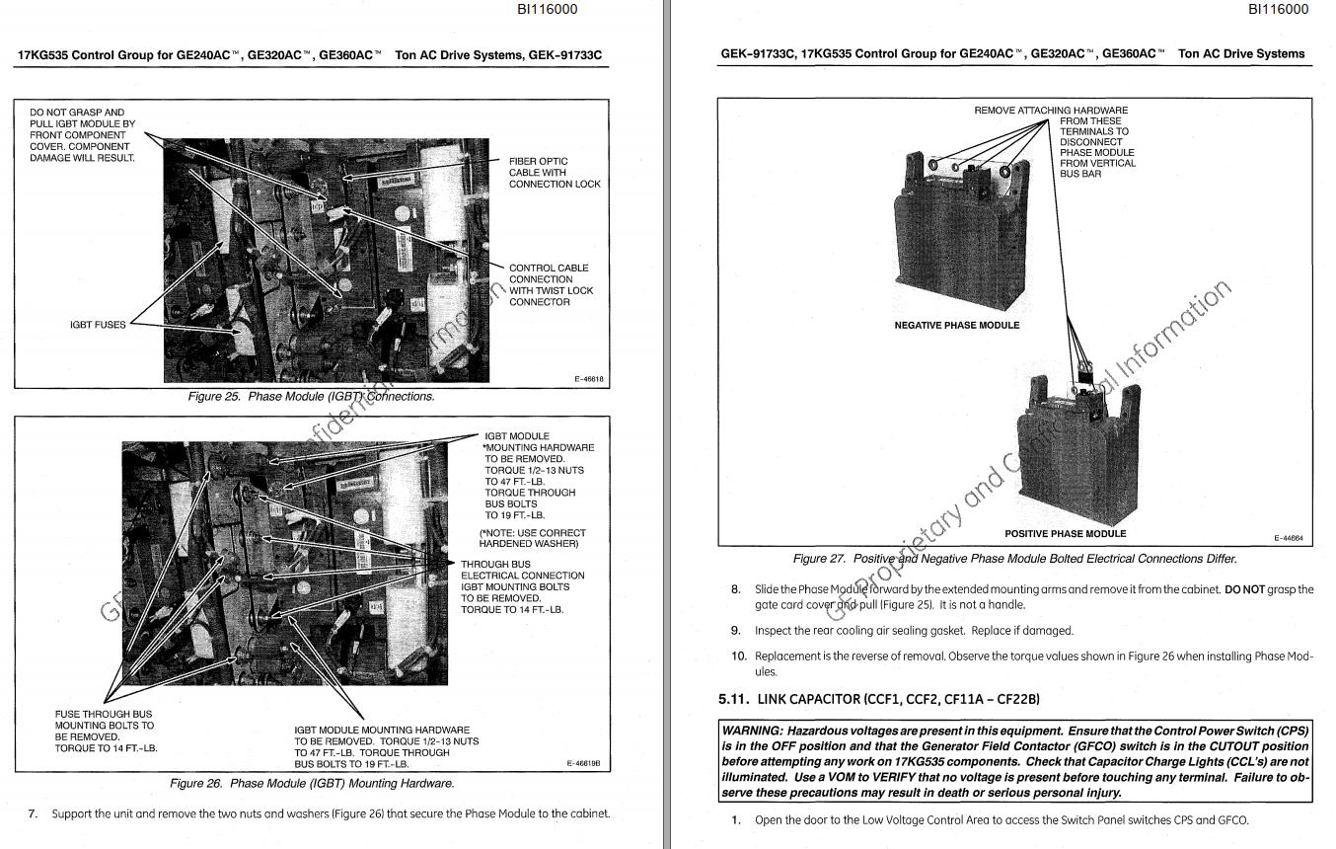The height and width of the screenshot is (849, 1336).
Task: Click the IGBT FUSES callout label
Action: [98, 325]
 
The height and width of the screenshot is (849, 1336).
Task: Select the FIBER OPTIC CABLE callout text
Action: [554, 173]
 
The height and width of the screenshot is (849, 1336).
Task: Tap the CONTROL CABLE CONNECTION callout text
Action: [551, 284]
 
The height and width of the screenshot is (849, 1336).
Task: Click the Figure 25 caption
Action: [311, 396]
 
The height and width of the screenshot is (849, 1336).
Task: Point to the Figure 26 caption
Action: [312, 783]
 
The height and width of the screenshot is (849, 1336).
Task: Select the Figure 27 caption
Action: [1014, 559]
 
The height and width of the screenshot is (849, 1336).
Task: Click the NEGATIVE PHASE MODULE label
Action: [956, 325]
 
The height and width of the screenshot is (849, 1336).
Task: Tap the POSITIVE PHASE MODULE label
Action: [1065, 533]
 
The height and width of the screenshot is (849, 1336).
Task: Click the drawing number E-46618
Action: [588, 379]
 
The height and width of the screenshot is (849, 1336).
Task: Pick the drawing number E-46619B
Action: [584, 764]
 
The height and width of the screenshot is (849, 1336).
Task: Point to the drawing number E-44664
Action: [1288, 538]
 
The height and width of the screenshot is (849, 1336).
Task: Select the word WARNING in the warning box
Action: [753, 731]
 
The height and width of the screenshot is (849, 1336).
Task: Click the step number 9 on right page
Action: [736, 630]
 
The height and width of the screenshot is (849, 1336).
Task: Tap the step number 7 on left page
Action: [33, 813]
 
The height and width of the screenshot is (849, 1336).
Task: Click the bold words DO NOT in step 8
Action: [1244, 589]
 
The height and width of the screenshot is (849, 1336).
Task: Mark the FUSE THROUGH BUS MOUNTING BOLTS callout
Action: [106, 731]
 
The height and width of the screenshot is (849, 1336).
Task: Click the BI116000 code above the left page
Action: [547, 9]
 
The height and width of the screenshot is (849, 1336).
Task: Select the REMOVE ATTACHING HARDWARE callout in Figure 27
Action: [1051, 111]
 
